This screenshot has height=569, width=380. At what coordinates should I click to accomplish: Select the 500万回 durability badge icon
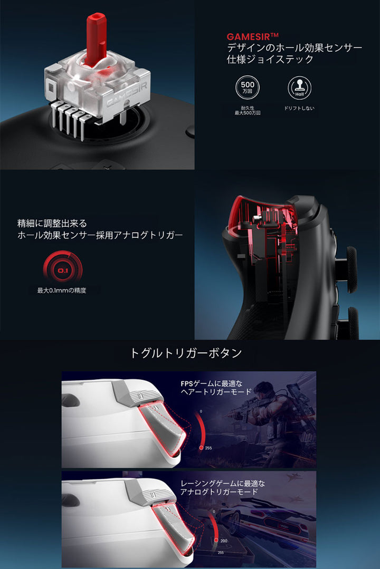[x=248, y=88]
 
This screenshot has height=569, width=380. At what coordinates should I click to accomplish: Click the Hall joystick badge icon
[x=299, y=88]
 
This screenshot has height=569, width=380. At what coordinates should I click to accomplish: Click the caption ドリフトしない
[x=299, y=109]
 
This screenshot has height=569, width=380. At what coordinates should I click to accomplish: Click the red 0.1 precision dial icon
[x=62, y=271]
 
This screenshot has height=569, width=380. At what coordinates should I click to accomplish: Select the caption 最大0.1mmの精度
[x=61, y=290]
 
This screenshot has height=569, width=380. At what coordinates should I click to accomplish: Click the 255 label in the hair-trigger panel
[x=208, y=448]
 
